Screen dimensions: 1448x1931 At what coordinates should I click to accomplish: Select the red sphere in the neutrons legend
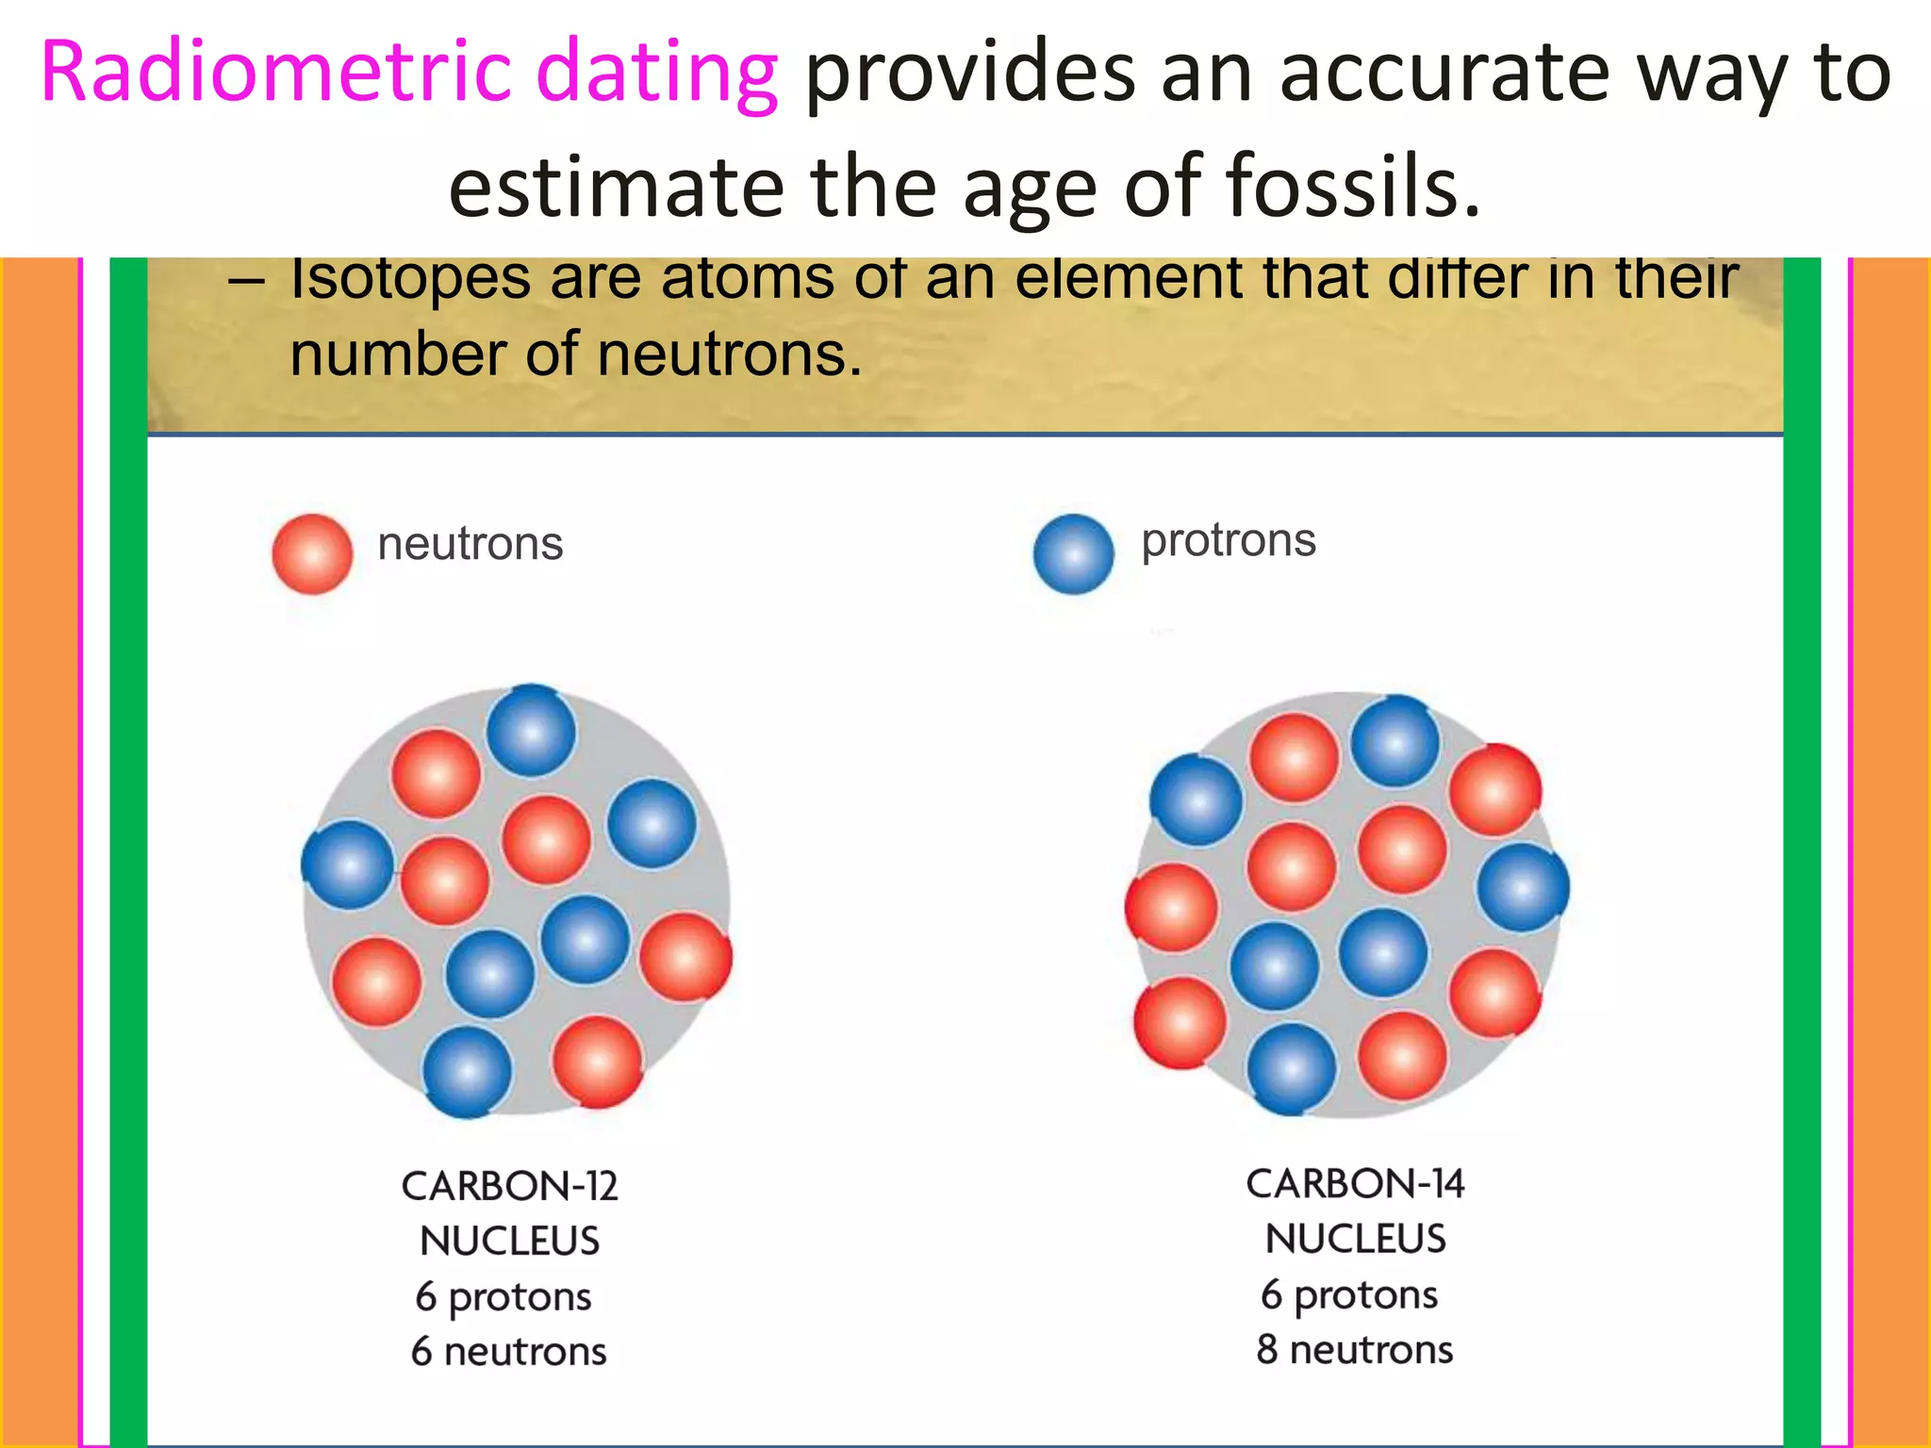click(x=312, y=554)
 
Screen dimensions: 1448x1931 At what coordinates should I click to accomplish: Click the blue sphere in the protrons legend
click(x=1073, y=554)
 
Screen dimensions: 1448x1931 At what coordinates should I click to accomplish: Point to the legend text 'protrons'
click(x=1228, y=541)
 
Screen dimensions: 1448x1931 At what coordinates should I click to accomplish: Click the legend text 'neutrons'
click(x=470, y=545)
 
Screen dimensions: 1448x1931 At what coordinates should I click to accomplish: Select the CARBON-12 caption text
click(x=509, y=1186)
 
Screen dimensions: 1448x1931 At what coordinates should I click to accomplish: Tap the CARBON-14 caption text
click(x=1355, y=1184)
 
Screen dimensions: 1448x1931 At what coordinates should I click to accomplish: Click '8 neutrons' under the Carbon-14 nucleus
click(x=1354, y=1350)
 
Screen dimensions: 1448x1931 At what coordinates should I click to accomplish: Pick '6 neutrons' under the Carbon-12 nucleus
click(x=509, y=1352)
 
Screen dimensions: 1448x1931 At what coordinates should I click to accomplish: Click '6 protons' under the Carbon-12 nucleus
click(x=503, y=1297)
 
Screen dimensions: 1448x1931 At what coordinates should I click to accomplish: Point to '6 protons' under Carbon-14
click(x=1349, y=1295)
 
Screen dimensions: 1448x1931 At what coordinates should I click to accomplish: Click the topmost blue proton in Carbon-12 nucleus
click(x=531, y=731)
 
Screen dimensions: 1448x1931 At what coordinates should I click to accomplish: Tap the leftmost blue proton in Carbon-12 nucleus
click(x=348, y=864)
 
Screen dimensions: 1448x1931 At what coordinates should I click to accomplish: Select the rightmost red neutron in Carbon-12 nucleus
click(x=685, y=957)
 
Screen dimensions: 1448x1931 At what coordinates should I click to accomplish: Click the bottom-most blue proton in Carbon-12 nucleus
click(x=467, y=1072)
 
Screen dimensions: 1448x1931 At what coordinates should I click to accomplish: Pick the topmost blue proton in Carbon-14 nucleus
click(x=1395, y=741)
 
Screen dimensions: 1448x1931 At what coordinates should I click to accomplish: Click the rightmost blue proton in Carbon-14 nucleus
click(x=1522, y=887)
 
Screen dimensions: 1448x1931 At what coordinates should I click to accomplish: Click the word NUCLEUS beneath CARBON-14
click(x=1355, y=1239)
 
